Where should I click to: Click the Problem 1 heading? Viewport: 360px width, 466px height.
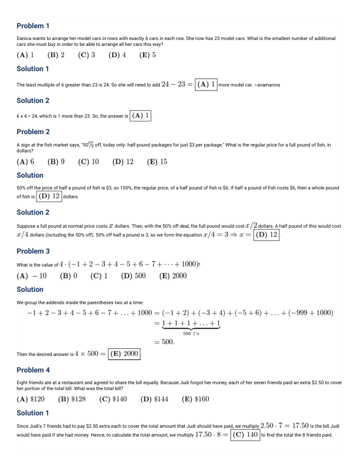[33, 26]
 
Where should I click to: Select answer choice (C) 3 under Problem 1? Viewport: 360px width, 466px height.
[86, 55]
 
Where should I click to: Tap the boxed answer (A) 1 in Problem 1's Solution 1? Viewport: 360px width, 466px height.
[206, 84]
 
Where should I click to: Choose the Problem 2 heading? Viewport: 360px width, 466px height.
[33, 132]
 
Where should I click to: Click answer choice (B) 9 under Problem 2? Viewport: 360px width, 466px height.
[56, 161]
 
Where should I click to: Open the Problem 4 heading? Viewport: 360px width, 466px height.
[33, 370]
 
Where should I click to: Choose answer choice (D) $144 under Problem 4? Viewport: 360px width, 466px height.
[155, 398]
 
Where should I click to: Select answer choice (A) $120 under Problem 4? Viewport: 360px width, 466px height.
[31, 398]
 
